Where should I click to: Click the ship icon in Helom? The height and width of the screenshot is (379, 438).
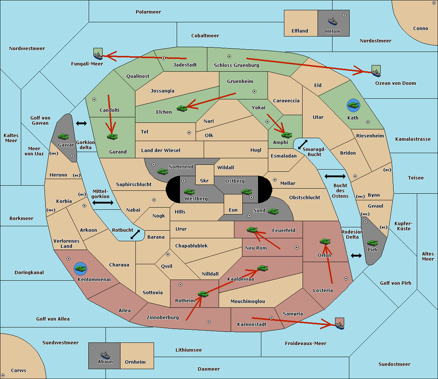pyautogui.click(x=333, y=21)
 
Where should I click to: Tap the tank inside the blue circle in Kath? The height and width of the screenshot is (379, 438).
pyautogui.click(x=353, y=105)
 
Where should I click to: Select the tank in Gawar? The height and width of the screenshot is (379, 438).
pyautogui.click(x=64, y=136)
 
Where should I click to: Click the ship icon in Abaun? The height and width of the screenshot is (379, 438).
pyautogui.click(x=105, y=355)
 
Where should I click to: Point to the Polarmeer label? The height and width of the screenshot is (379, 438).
pyautogui.click(x=148, y=12)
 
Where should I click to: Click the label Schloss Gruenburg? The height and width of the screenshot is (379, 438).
pyautogui.click(x=237, y=65)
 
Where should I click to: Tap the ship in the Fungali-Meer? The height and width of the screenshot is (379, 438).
pyautogui.click(x=98, y=56)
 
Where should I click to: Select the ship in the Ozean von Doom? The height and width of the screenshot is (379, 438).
pyautogui.click(x=376, y=73)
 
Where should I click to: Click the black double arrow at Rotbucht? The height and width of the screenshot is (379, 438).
pyautogui.click(x=135, y=234)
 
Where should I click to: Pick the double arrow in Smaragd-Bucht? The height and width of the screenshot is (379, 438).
pyautogui.click(x=303, y=144)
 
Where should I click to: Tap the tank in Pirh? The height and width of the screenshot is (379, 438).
pyautogui.click(x=373, y=243)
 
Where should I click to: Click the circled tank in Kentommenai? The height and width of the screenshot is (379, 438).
pyautogui.click(x=81, y=269)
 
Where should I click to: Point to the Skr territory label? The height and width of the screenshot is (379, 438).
pyautogui.click(x=204, y=181)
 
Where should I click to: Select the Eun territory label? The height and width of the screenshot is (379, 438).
pyautogui.click(x=233, y=210)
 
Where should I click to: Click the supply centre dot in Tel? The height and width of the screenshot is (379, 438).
pyautogui.click(x=189, y=133)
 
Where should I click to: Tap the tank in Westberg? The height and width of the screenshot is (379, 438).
pyautogui.click(x=189, y=192)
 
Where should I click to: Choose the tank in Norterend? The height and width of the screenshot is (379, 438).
pyautogui.click(x=162, y=171)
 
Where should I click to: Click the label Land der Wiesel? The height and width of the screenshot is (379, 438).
pyautogui.click(x=161, y=151)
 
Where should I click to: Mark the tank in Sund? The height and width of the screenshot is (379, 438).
pyautogui.click(x=273, y=211)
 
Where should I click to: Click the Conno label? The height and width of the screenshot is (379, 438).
pyautogui.click(x=420, y=29)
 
